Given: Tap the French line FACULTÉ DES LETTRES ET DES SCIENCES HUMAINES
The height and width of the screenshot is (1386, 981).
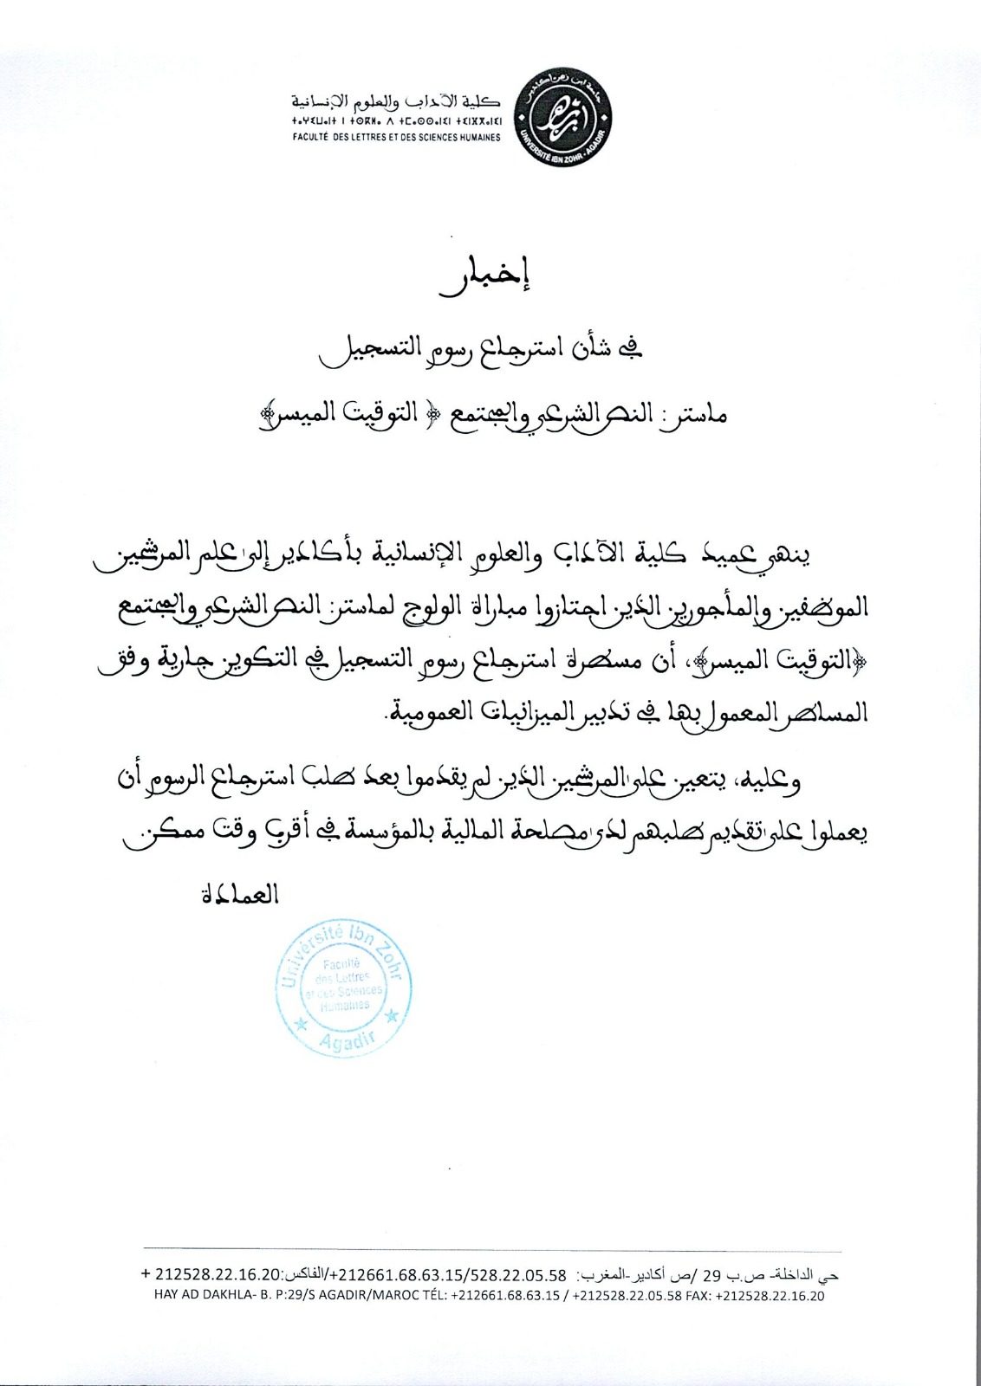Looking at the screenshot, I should [x=397, y=139].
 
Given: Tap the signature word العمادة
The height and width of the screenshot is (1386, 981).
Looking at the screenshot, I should [x=239, y=893].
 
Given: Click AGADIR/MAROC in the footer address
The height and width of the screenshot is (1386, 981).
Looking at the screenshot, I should [x=355, y=1296].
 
